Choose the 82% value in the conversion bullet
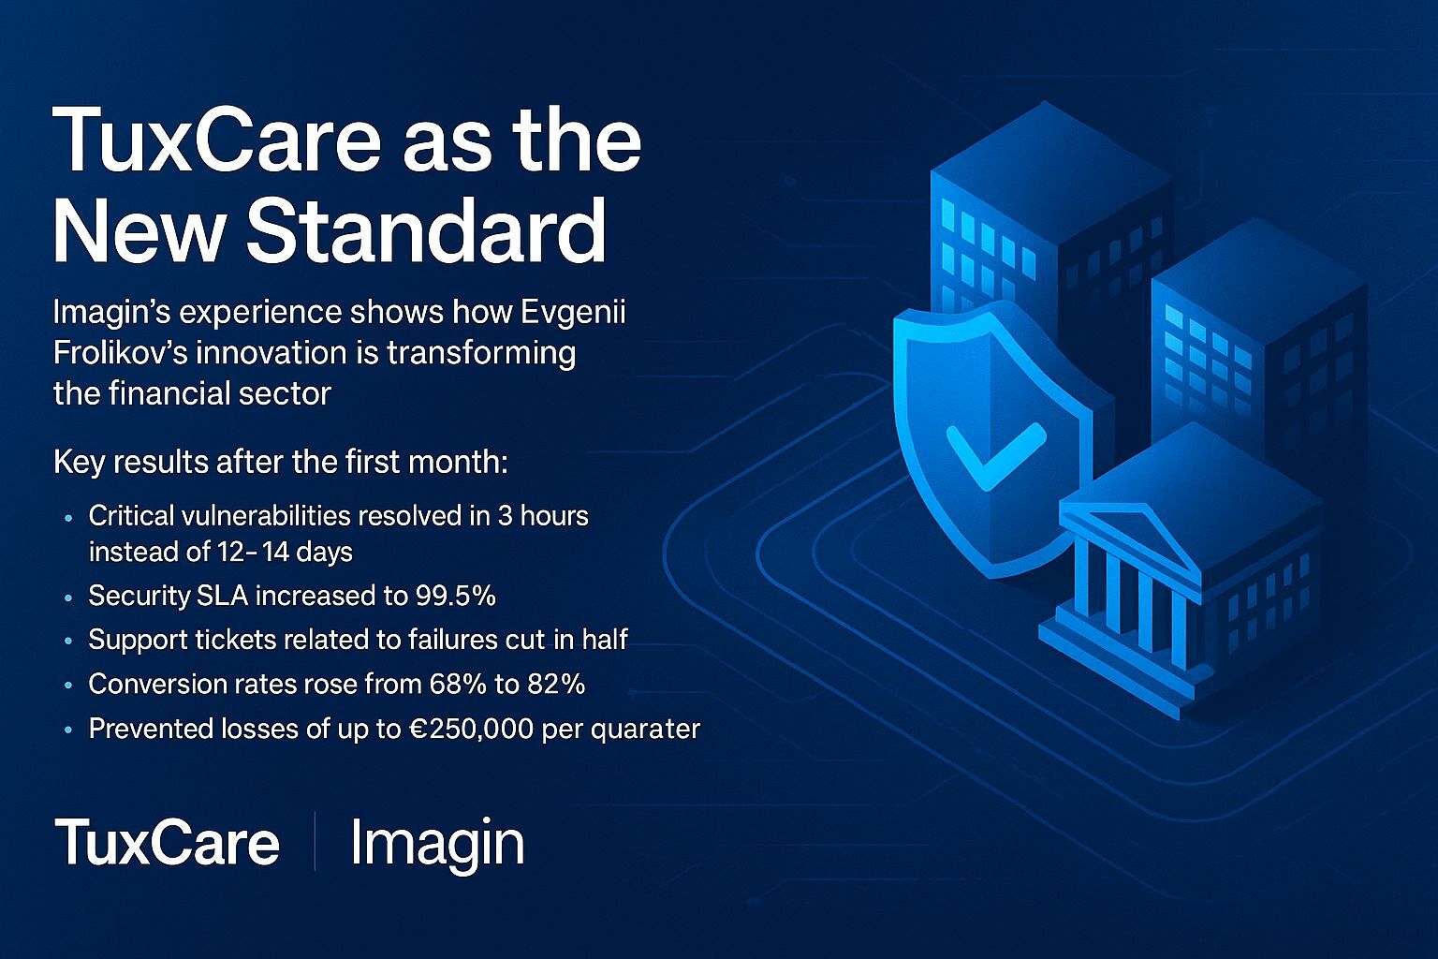554,685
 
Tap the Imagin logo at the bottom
436,843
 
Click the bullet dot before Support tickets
66,642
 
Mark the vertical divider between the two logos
315,842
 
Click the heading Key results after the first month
281,463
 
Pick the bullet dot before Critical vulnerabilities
66,517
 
